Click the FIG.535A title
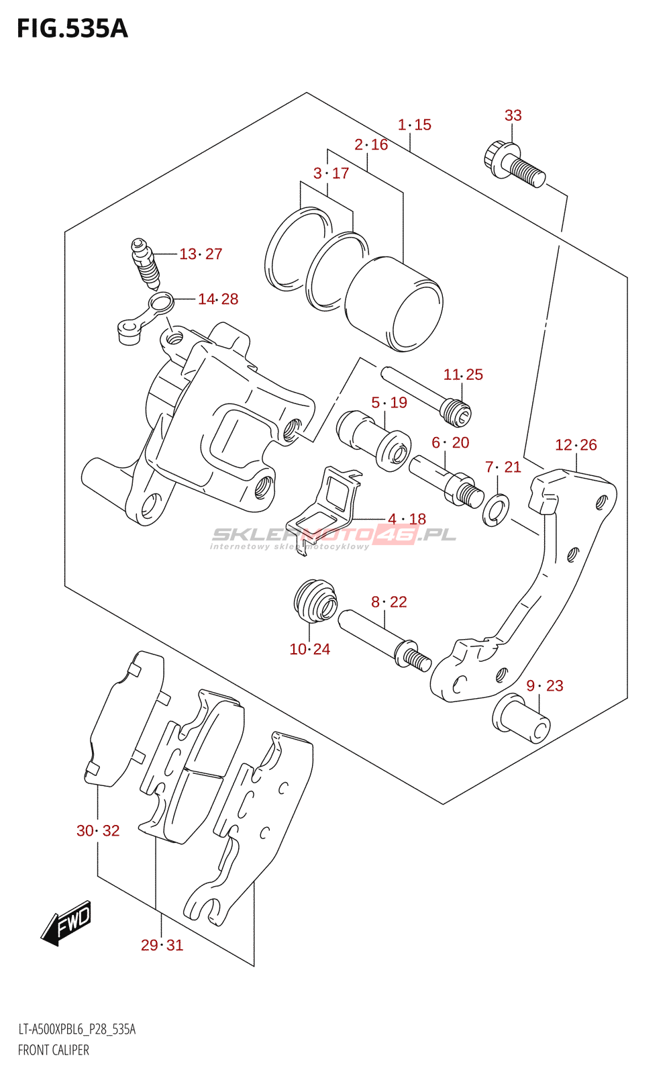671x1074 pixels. (72, 29)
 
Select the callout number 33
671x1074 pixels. (513, 115)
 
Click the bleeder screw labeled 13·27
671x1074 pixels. (146, 263)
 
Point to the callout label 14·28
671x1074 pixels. (218, 299)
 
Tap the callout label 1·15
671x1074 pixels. (415, 125)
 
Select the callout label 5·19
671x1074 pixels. (389, 402)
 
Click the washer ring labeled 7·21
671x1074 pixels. (496, 509)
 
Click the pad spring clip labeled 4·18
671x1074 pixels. (323, 509)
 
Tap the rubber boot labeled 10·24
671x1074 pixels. (315, 601)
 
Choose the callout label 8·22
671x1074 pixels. (389, 601)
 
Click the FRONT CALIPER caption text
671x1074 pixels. (53, 1050)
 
